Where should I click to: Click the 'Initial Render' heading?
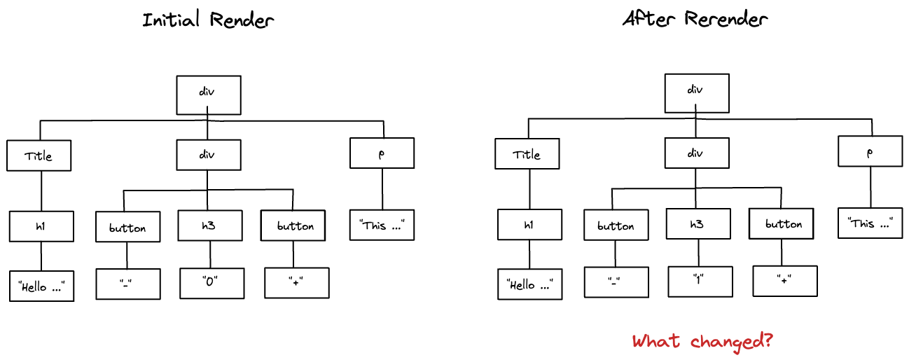(208, 20)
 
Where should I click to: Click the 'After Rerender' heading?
(695, 19)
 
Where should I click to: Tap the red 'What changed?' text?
(702, 341)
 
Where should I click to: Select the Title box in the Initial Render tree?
(39, 155)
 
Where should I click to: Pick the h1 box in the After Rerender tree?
(529, 224)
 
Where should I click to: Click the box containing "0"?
(212, 283)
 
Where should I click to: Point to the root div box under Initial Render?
(209, 95)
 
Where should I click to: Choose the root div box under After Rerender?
(696, 92)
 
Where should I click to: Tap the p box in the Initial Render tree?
(382, 153)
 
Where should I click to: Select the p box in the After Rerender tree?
(870, 151)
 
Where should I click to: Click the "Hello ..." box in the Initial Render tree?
(41, 286)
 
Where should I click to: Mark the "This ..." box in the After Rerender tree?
(870, 223)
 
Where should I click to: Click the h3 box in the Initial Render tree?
(209, 226)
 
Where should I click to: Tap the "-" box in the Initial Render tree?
(128, 284)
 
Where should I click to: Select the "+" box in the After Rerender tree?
(784, 281)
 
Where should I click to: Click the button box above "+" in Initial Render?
(294, 226)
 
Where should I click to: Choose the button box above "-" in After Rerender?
(616, 226)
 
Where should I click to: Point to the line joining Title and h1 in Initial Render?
(41, 191)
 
